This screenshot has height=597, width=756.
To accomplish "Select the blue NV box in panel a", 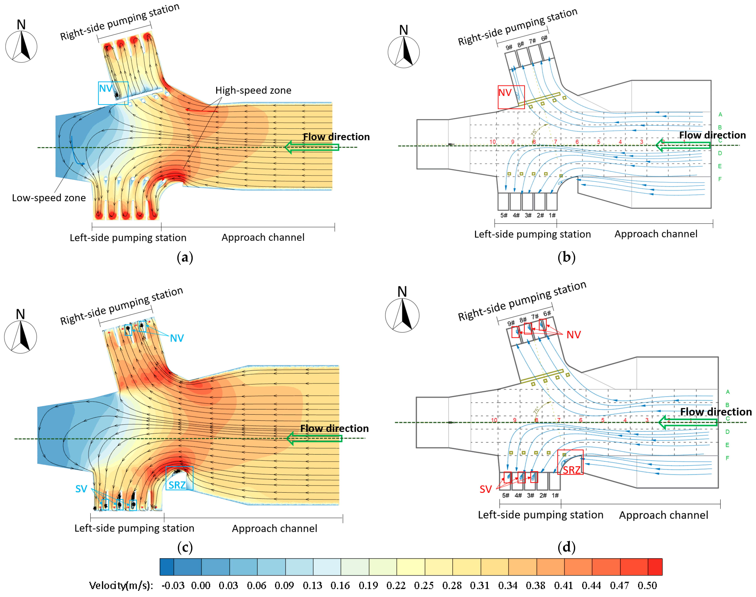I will click(x=113, y=93).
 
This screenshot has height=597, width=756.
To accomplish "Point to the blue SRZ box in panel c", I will click(x=179, y=478).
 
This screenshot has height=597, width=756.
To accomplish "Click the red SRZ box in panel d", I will click(x=570, y=462).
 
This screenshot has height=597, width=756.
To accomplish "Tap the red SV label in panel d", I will click(x=486, y=489).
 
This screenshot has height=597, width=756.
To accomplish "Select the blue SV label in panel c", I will click(x=81, y=489).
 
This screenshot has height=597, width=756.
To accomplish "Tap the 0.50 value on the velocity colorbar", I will click(x=647, y=585).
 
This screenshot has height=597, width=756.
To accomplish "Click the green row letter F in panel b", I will click(x=720, y=179).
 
